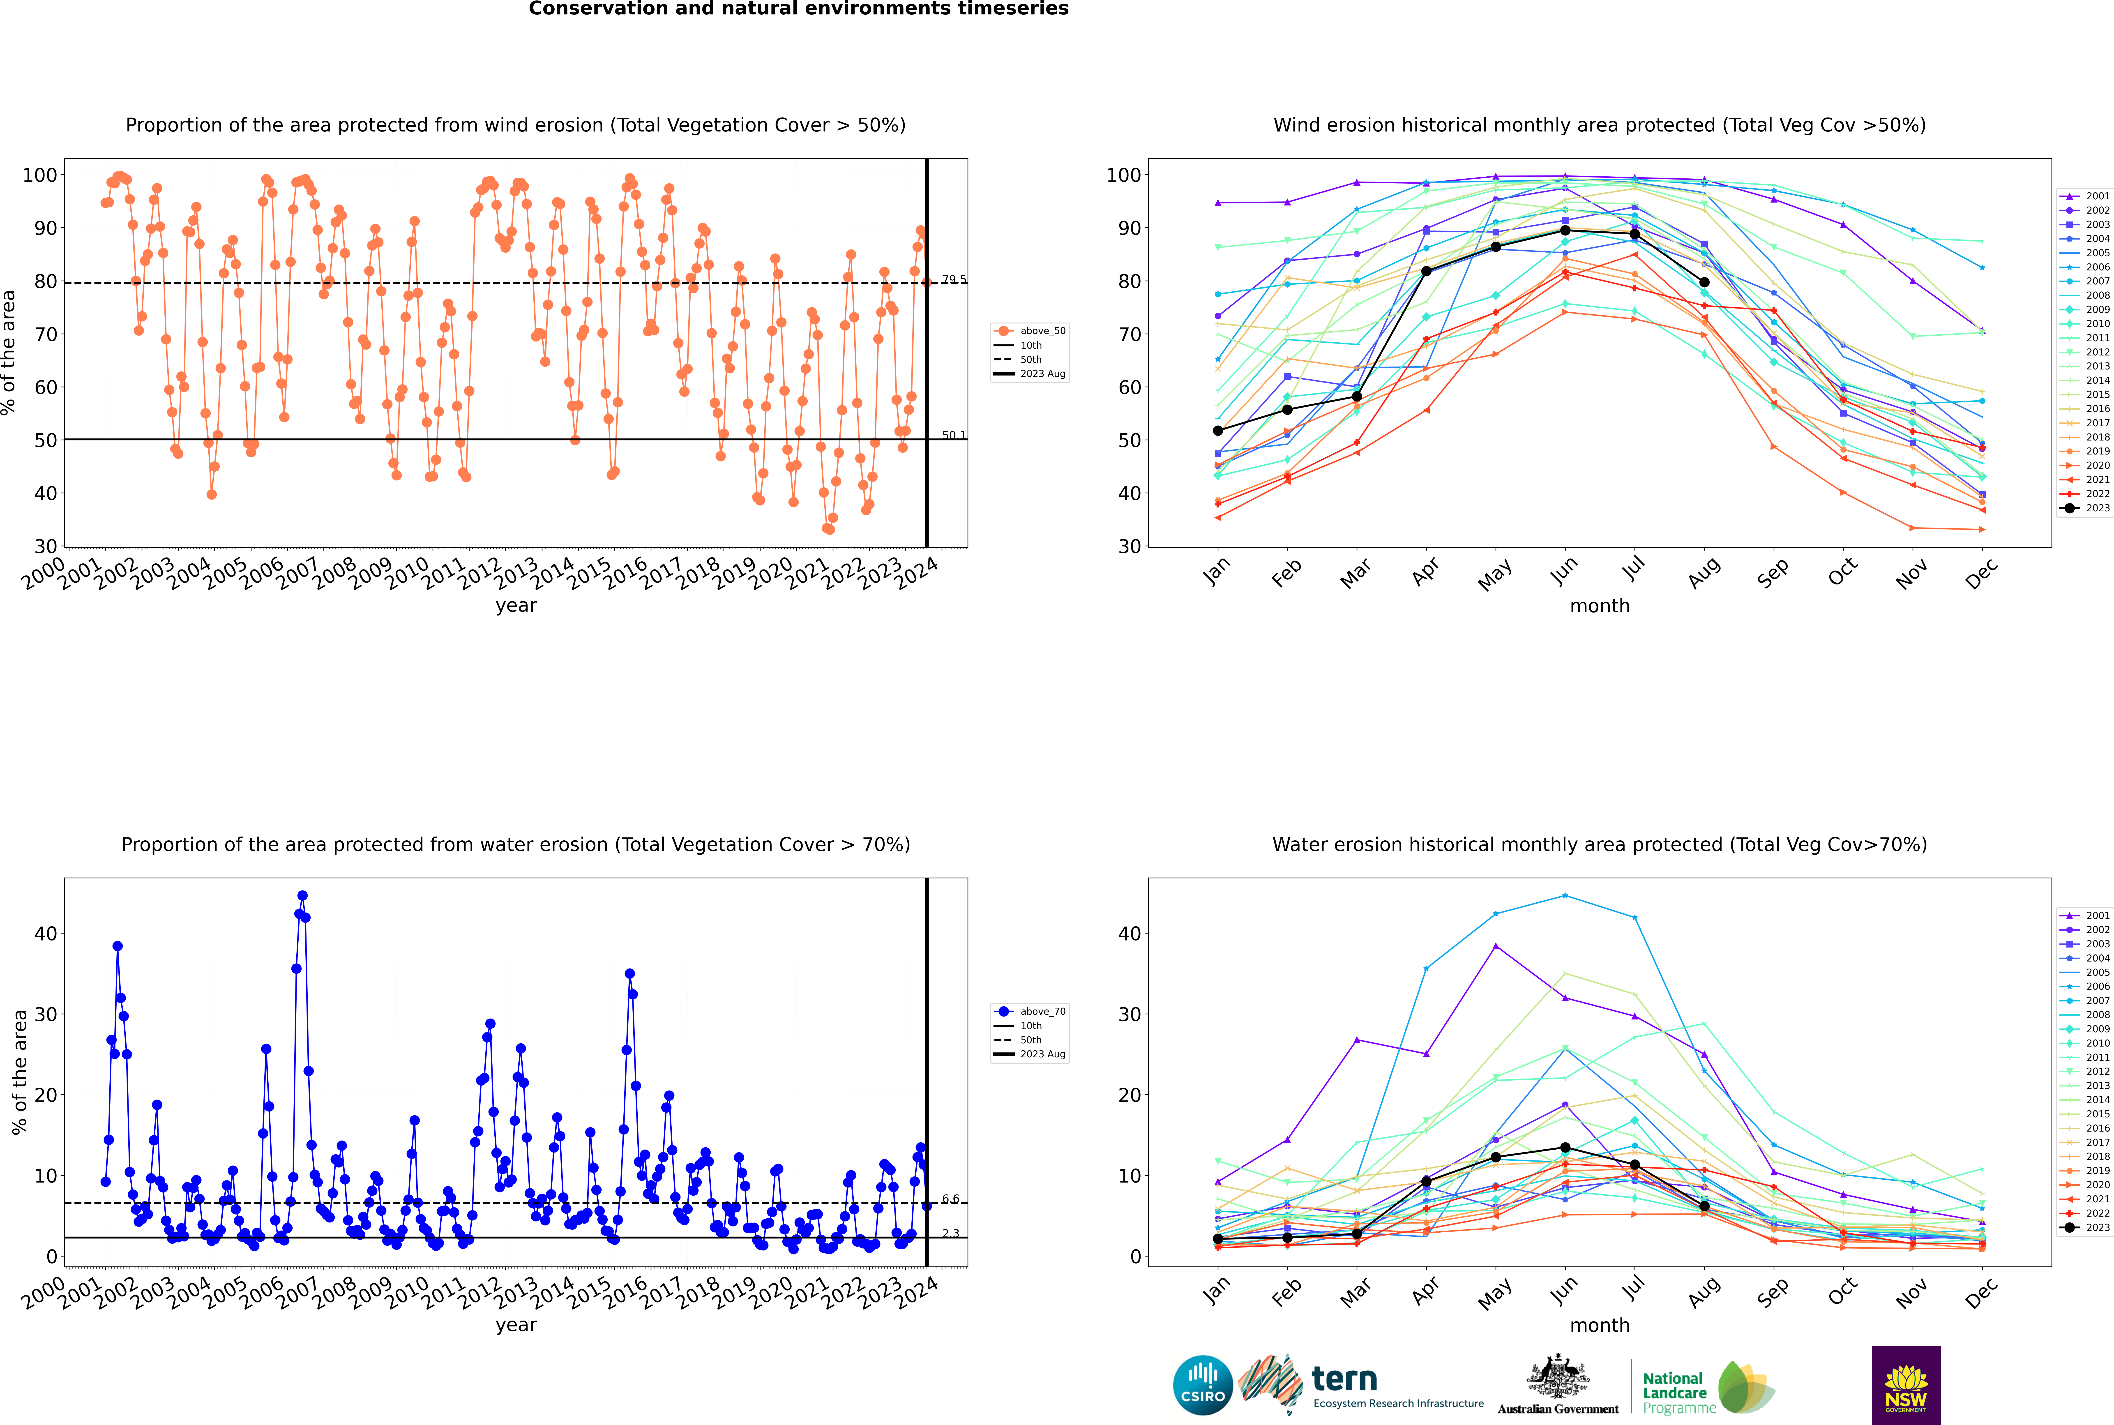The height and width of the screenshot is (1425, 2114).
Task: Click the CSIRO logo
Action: (x=1202, y=1385)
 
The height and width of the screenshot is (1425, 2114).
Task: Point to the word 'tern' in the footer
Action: (x=1344, y=1380)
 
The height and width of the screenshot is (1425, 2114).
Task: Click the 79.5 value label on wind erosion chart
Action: (x=954, y=280)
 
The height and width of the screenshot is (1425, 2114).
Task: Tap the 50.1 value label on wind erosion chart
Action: (x=954, y=435)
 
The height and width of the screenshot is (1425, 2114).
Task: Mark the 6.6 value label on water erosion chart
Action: (x=951, y=1199)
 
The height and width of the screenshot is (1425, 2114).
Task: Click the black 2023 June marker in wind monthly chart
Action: (x=1565, y=231)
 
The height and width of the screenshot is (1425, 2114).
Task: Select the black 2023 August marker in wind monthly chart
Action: (x=1704, y=283)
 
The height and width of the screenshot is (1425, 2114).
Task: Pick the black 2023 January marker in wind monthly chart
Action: (x=1218, y=431)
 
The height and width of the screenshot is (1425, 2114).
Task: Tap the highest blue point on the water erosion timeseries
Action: (x=303, y=896)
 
